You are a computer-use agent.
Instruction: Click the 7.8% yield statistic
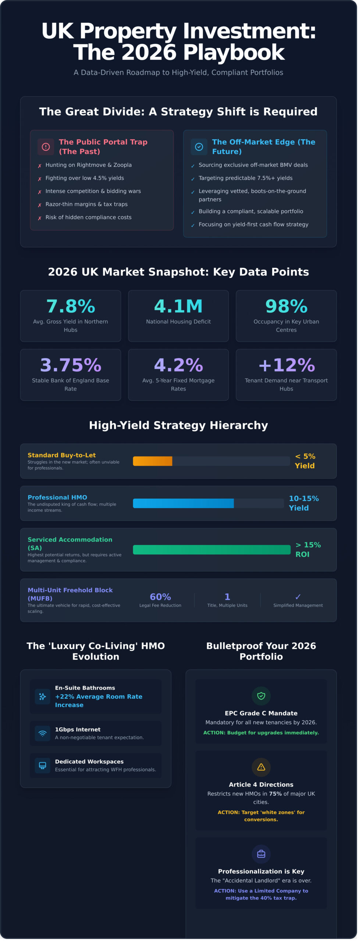point(71,306)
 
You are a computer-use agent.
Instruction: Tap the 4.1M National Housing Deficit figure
point(178,306)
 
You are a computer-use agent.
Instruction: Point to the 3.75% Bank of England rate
point(71,365)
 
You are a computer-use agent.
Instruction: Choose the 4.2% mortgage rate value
point(178,365)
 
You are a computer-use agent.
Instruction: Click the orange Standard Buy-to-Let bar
point(153,461)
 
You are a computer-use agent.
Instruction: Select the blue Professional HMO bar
point(183,503)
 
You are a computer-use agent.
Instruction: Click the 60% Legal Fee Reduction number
point(160,597)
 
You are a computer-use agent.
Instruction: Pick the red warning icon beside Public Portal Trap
point(46,147)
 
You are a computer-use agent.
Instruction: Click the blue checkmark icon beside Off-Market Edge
point(199,147)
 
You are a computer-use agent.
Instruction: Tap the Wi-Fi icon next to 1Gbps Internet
point(43,733)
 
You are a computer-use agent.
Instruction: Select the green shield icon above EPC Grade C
point(261,696)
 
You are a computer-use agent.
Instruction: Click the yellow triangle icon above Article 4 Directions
point(261,767)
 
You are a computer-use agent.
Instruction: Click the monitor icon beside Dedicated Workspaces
point(43,765)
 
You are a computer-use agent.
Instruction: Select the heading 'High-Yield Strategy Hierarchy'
point(178,425)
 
